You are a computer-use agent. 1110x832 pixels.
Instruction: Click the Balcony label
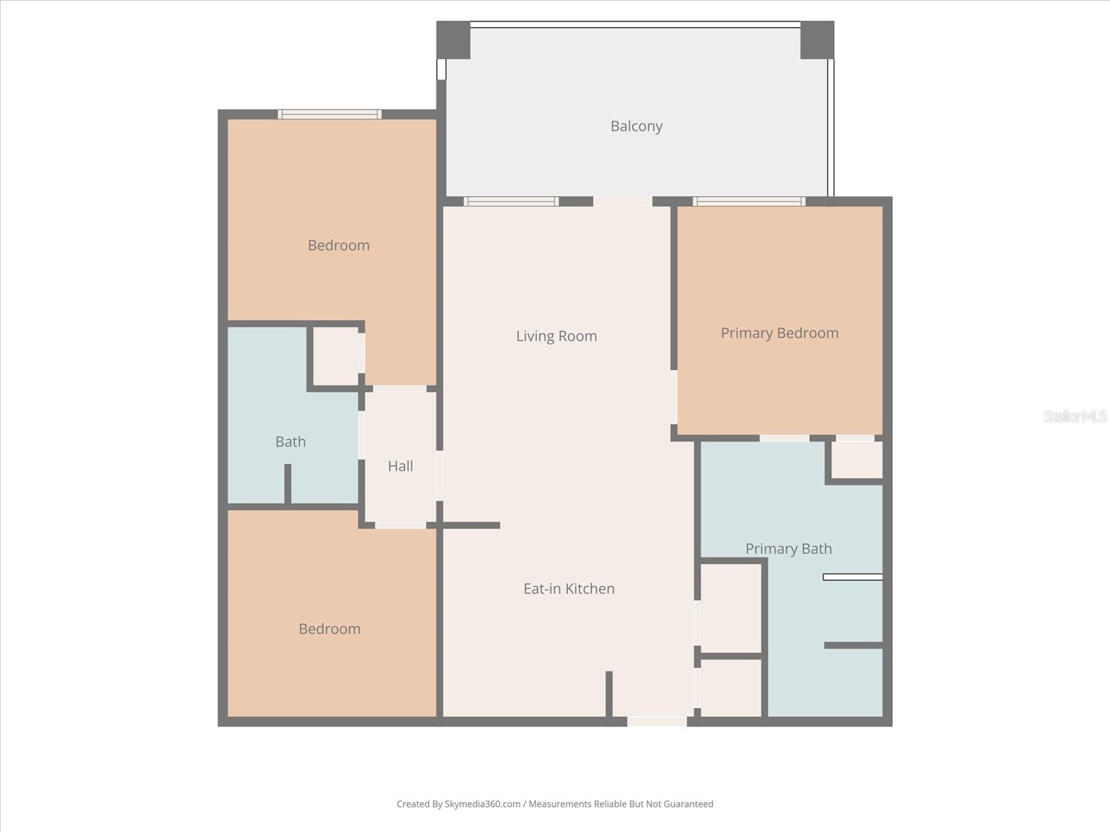[636, 126]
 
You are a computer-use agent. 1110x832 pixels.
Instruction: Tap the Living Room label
[556, 336]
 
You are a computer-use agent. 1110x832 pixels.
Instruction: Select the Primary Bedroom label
[779, 333]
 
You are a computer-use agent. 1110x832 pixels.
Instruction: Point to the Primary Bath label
[788, 549]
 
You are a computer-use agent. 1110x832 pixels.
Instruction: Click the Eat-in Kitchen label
[569, 589]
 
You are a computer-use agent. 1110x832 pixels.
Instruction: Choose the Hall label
[400, 466]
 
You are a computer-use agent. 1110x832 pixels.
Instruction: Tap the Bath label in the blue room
[290, 442]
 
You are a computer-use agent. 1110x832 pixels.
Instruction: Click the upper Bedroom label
[339, 245]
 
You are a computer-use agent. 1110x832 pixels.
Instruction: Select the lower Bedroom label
[330, 629]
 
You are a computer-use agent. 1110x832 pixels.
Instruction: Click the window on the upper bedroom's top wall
[330, 114]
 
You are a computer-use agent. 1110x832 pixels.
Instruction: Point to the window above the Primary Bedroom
[749, 202]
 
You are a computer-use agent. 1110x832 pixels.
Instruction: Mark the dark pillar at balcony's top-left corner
[453, 40]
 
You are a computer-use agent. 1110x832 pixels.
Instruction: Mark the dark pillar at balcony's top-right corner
[817, 40]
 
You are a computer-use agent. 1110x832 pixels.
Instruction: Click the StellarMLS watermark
[1075, 416]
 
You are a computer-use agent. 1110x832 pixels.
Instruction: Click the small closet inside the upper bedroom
[336, 356]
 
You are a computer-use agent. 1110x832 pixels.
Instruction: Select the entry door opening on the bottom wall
[656, 722]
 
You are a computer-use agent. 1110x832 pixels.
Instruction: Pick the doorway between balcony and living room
[622, 202]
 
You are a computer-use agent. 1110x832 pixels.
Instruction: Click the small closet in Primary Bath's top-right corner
[857, 460]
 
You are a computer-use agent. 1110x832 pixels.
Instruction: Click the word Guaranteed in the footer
[688, 804]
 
